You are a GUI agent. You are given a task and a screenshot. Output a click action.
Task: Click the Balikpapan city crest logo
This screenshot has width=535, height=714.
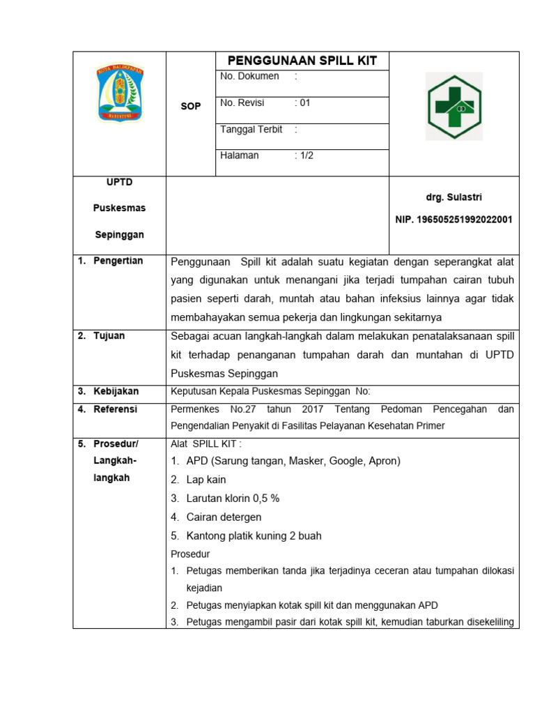point(118,93)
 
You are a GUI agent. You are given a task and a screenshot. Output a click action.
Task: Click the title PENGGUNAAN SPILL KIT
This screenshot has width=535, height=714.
point(302,61)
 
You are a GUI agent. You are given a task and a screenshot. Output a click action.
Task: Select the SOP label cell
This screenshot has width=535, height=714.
point(190,106)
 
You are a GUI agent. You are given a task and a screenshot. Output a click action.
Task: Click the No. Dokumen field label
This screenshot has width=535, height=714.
point(249,76)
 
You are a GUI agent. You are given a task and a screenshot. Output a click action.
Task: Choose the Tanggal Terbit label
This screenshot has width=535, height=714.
point(251,130)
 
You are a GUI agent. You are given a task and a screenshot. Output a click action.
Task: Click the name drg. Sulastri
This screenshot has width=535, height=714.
point(453,198)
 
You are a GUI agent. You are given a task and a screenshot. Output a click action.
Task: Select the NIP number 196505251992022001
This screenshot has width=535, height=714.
point(453,220)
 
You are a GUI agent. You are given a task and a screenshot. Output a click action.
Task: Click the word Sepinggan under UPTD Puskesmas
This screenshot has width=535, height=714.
point(119,235)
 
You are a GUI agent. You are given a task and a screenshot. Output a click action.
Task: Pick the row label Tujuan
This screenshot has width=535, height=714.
point(110,335)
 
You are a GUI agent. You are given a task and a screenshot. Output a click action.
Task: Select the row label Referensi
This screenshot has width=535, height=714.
point(116,409)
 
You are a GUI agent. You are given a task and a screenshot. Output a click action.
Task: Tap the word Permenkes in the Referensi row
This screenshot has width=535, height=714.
point(193,409)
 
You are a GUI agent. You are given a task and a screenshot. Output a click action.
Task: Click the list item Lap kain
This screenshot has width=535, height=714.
point(206,480)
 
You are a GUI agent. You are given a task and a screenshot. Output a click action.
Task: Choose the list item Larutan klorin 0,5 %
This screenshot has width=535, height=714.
point(233,499)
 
